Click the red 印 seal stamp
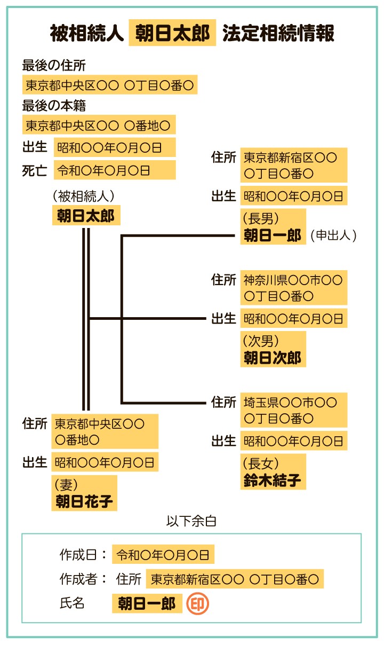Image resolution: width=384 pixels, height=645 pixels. [x=197, y=604]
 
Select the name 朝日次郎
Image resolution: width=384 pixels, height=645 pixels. [x=273, y=358]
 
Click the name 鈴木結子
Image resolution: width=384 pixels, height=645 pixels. [x=273, y=480]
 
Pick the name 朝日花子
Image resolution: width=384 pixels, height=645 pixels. [x=84, y=501]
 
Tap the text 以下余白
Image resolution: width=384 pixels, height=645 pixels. [x=191, y=521]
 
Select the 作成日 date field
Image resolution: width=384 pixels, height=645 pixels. [x=163, y=555]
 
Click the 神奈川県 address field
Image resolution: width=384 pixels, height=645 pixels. [x=293, y=287]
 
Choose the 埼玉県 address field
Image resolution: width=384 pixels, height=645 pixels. [x=293, y=410]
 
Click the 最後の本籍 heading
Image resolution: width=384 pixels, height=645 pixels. [x=54, y=106]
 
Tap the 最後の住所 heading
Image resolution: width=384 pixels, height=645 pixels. [x=54, y=65]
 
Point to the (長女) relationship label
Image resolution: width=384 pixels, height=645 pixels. [x=261, y=463]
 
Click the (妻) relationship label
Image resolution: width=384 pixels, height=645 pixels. [x=67, y=484]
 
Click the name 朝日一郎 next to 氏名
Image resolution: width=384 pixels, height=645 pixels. [x=147, y=604]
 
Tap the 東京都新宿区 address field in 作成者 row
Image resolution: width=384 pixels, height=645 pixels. [x=235, y=579]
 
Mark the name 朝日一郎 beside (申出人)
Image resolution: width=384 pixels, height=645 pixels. [x=273, y=235]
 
